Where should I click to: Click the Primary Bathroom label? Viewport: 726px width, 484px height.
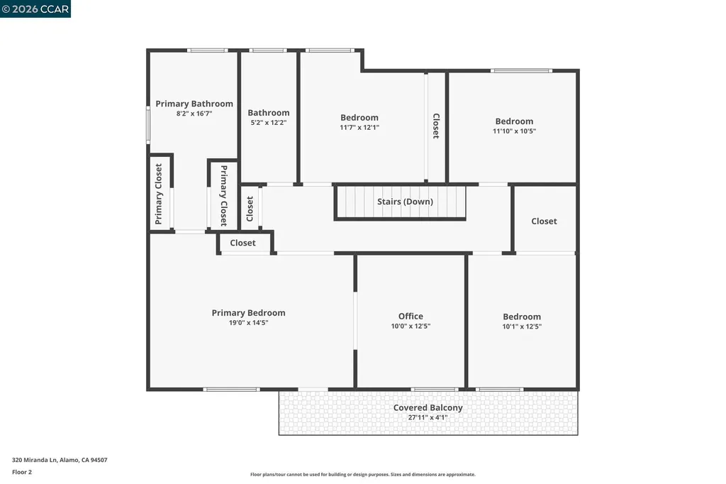coord(194,104)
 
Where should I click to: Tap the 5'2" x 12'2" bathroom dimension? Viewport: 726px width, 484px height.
coord(268,123)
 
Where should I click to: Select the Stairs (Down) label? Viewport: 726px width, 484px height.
coord(405,202)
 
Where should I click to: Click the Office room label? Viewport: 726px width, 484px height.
coord(411,317)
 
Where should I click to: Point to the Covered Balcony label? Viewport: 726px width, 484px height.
coord(428,407)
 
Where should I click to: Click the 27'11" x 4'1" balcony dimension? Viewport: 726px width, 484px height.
coord(428,417)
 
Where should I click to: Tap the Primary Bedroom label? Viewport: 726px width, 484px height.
coord(248,313)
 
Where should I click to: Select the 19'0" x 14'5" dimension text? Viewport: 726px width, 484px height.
coord(248,323)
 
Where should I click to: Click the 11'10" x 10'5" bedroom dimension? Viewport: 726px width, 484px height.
coord(514,131)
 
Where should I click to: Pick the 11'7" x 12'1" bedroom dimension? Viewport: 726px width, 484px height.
coord(359,128)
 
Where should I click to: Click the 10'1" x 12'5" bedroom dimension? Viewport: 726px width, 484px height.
coord(521,326)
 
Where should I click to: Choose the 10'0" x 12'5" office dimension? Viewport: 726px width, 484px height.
coord(411,326)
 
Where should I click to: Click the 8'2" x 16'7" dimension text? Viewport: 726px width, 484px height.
coord(194,114)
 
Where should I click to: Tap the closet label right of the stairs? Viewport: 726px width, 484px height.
coord(544,221)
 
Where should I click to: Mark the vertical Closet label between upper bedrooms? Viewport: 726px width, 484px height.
coord(435,126)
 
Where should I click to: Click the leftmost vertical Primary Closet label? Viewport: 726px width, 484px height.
coord(159,194)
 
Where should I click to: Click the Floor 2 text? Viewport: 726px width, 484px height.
coord(22,472)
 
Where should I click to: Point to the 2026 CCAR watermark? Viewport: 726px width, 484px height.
coord(35,9)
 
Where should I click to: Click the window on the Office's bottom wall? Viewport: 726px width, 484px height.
coord(434,389)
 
